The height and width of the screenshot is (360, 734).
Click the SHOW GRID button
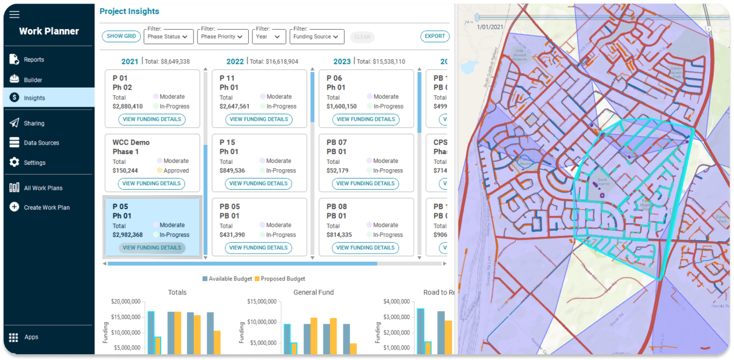click(x=121, y=37)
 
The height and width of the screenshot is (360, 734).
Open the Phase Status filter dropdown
click(x=169, y=37)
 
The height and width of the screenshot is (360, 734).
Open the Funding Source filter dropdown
click(x=316, y=37)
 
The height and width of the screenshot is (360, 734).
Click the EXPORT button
click(x=435, y=37)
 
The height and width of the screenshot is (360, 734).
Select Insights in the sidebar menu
click(x=34, y=98)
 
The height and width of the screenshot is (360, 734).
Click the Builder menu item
click(x=33, y=80)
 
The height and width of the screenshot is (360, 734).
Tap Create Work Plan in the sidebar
click(x=47, y=207)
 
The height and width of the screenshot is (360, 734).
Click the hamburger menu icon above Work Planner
click(x=15, y=15)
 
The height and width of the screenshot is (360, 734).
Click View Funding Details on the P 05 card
click(x=152, y=248)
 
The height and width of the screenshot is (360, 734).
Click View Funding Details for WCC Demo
click(x=152, y=184)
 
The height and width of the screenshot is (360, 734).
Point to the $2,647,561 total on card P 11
click(x=234, y=106)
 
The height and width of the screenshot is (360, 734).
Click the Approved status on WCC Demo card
click(x=176, y=171)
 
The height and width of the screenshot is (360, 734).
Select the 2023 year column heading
click(x=342, y=62)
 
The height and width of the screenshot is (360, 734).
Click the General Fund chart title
click(x=313, y=292)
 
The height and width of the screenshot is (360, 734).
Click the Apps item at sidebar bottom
click(x=31, y=337)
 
